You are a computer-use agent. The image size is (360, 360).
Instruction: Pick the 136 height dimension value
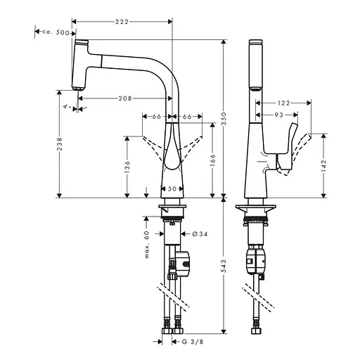point(127,166)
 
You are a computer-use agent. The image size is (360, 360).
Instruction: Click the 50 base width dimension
point(172,188)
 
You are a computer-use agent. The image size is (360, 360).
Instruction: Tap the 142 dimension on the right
point(324,164)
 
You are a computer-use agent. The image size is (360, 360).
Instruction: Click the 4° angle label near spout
point(65,106)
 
